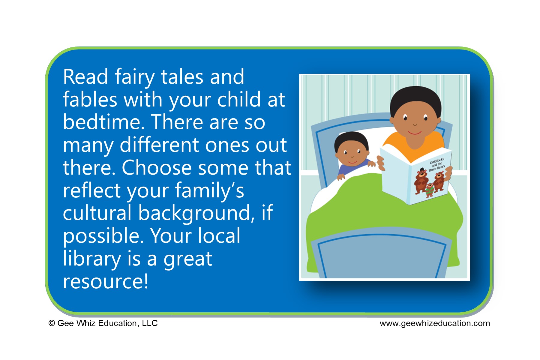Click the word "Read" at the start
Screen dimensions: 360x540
coord(85,77)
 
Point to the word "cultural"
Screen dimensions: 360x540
coord(97,213)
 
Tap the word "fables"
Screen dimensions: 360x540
coord(90,100)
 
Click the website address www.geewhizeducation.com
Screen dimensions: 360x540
coord(435,323)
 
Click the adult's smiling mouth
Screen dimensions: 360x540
coord(415,132)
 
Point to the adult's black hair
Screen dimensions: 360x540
coord(415,97)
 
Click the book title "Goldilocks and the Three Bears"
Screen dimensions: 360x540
coord(436,165)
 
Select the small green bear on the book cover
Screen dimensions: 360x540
coord(430,190)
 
